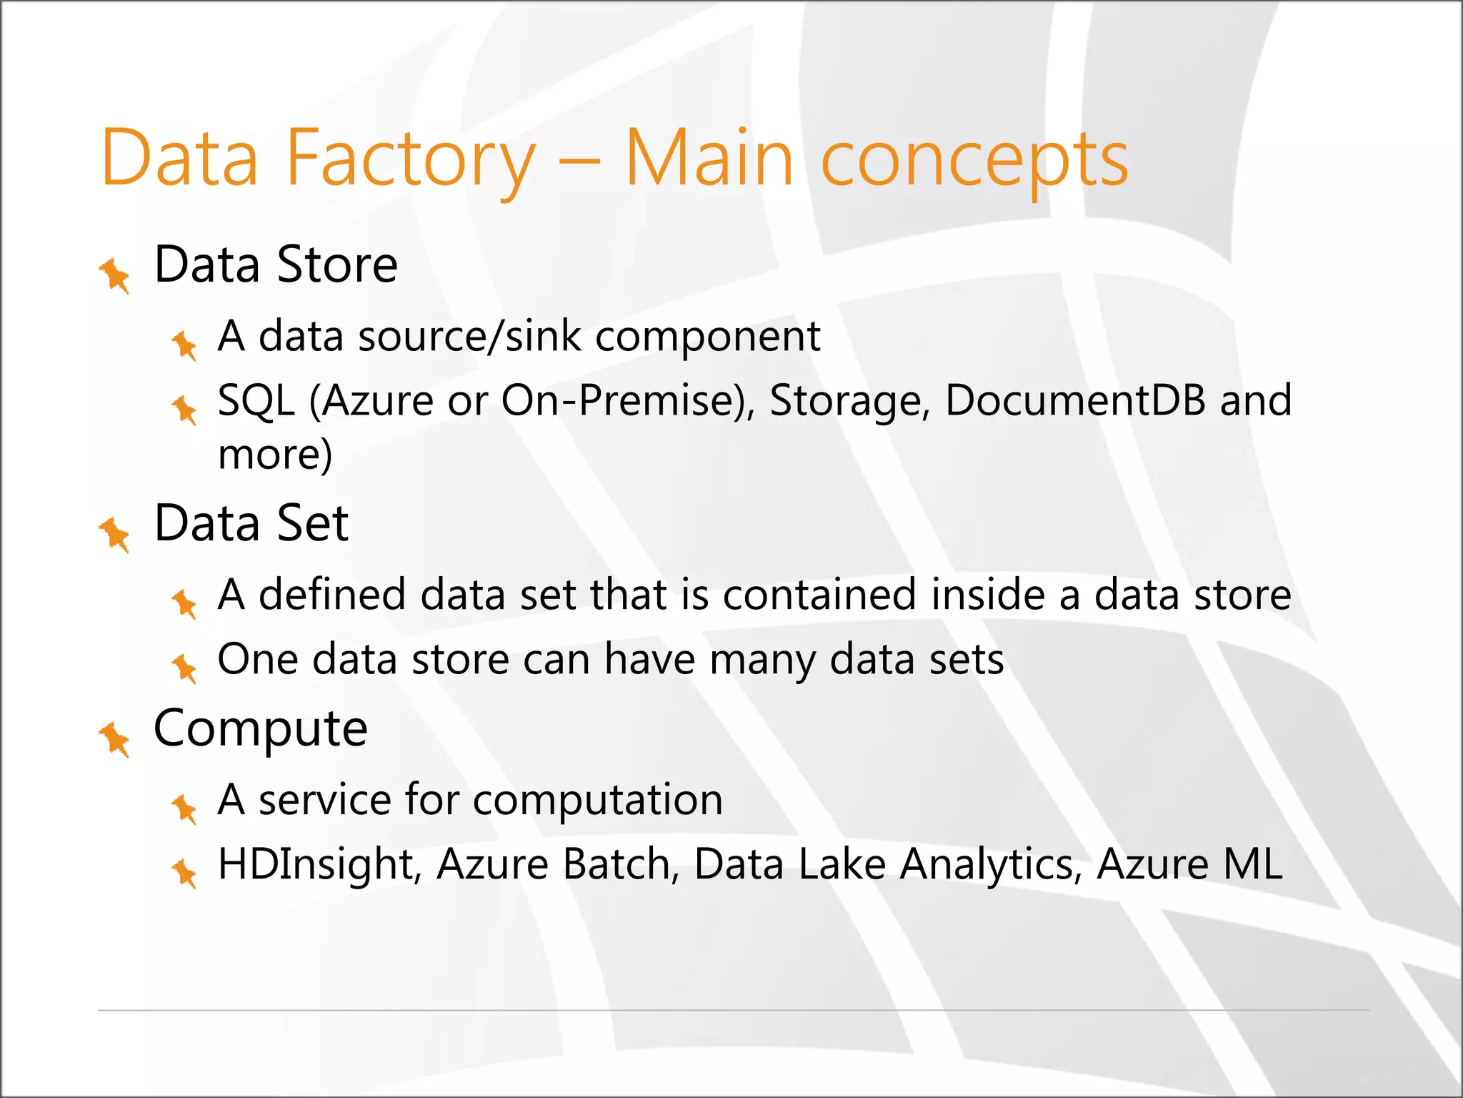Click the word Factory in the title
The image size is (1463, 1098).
pyautogui.click(x=410, y=159)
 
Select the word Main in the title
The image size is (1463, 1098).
pyautogui.click(x=709, y=159)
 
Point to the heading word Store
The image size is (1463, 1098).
pyautogui.click(x=336, y=265)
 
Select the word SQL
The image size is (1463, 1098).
pyautogui.click(x=256, y=400)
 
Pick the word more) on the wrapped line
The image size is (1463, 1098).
pyautogui.click(x=275, y=455)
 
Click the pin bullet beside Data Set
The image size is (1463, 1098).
pyautogui.click(x=114, y=534)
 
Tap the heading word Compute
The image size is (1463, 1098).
pyautogui.click(x=261, y=730)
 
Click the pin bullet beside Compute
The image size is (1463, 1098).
pyautogui.click(x=114, y=738)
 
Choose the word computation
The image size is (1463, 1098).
pyautogui.click(x=597, y=799)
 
